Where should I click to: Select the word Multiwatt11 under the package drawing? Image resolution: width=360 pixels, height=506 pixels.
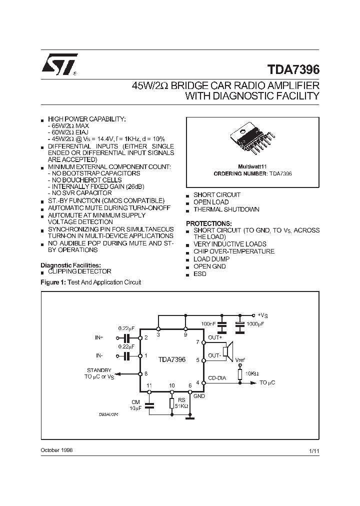[252, 166]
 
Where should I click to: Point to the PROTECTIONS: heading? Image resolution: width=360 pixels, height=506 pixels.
[209, 223]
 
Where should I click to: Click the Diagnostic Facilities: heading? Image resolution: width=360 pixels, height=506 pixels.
[70, 265]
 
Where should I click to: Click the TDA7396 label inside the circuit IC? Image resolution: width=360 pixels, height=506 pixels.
[172, 359]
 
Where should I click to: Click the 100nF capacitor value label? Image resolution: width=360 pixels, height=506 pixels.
[209, 324]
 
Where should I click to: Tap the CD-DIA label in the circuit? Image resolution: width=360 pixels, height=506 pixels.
[216, 378]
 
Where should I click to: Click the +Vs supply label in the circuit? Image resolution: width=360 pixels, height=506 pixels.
[263, 315]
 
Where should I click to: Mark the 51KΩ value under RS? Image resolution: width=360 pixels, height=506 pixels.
[180, 406]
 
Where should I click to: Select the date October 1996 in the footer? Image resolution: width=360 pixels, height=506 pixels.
[56, 450]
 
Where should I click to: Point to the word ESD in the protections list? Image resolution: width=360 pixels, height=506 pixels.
[200, 274]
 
